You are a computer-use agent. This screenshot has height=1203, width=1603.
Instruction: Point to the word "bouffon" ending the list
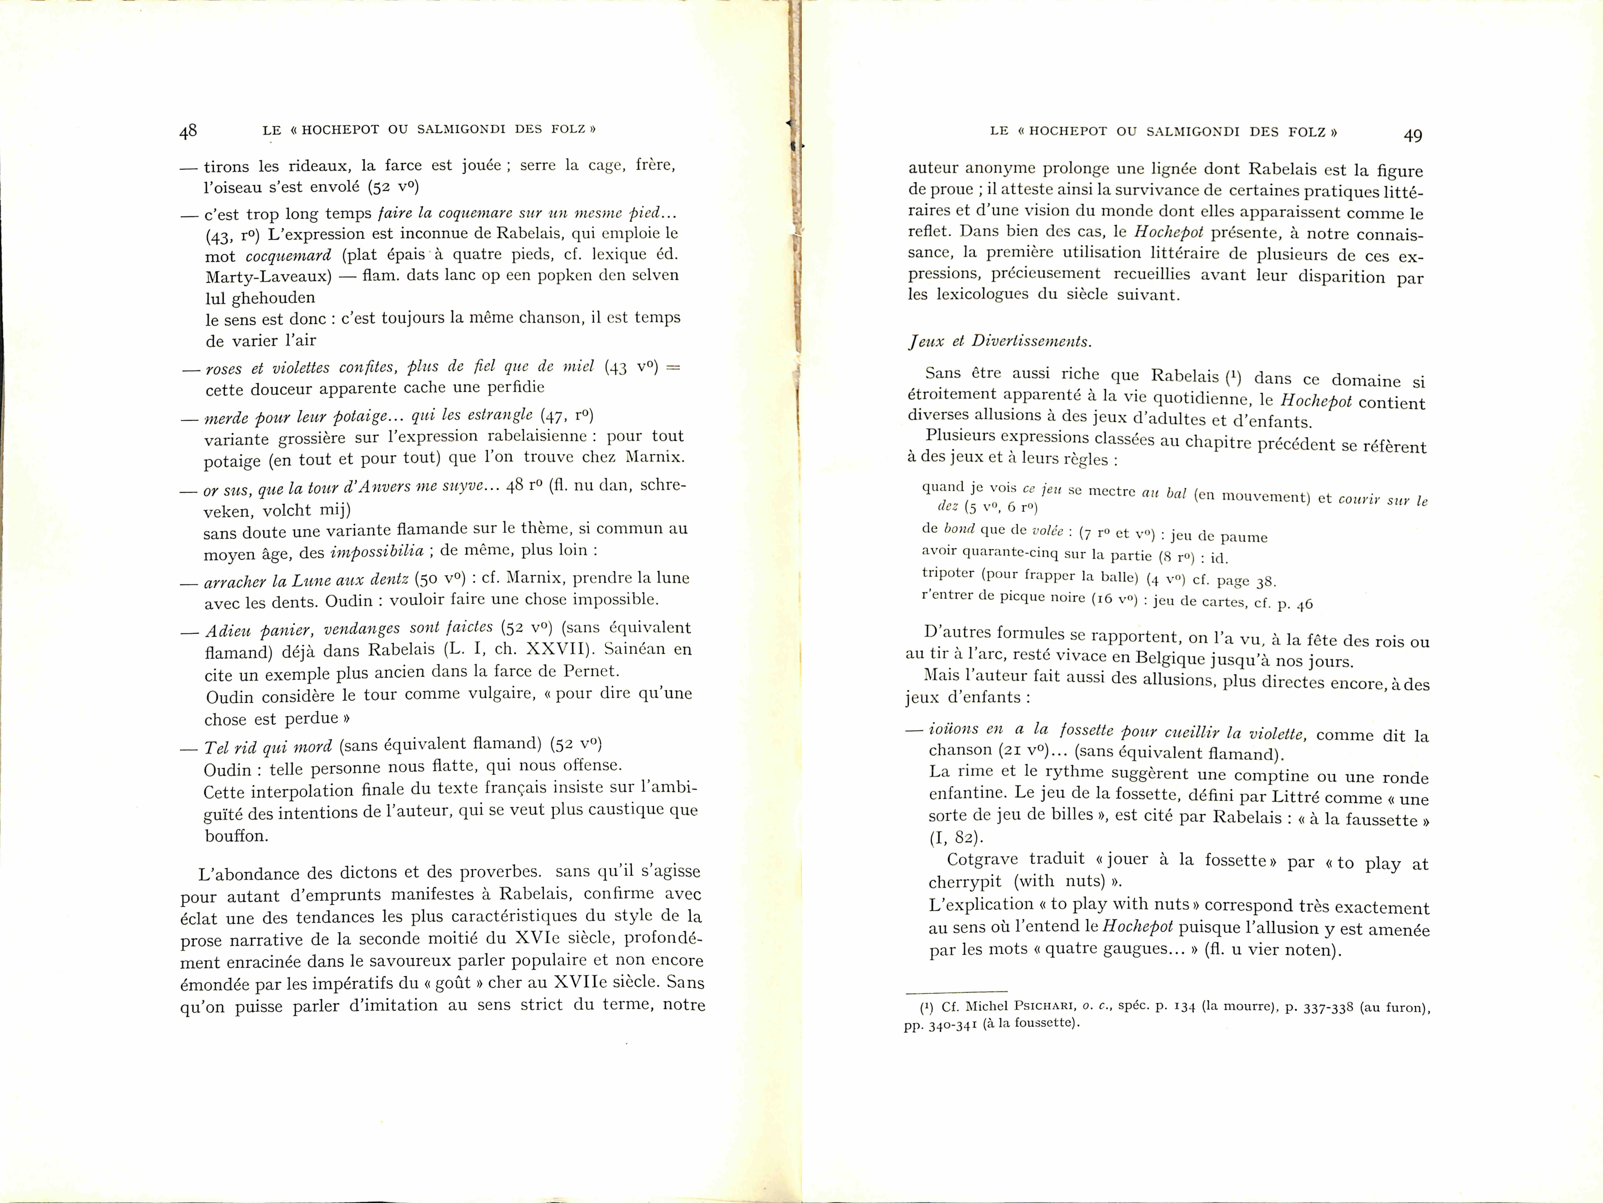pyautogui.click(x=236, y=835)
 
